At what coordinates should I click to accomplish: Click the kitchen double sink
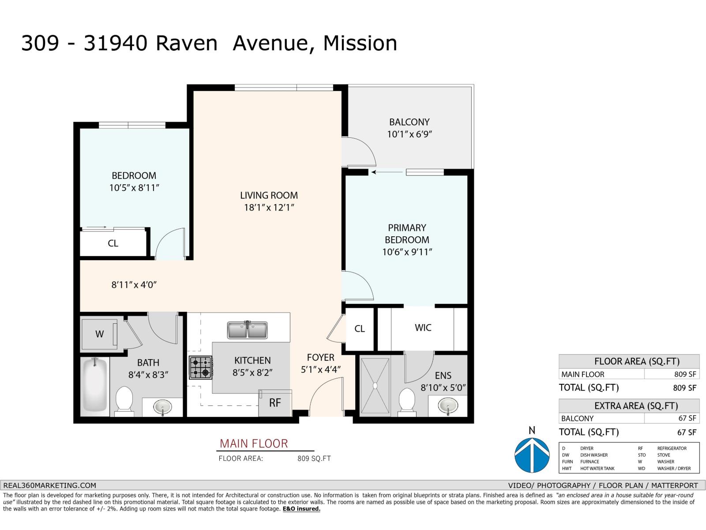(247, 330)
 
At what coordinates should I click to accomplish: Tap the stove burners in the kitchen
(201, 367)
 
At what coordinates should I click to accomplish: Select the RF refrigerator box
(275, 402)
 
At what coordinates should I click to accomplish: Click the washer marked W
(100, 334)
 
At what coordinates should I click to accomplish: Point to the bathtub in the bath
(95, 386)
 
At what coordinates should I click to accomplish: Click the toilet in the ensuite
(406, 401)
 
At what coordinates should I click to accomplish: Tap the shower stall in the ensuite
(375, 386)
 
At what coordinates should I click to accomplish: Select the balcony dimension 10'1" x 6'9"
(409, 134)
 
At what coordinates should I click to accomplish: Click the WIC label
(423, 328)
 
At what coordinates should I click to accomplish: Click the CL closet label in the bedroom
(113, 243)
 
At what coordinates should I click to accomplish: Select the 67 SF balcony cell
(687, 418)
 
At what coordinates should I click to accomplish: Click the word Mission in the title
(360, 43)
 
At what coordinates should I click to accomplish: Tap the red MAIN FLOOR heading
(254, 443)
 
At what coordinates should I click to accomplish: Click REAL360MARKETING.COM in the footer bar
(49, 485)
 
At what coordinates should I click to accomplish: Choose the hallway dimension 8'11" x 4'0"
(134, 285)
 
